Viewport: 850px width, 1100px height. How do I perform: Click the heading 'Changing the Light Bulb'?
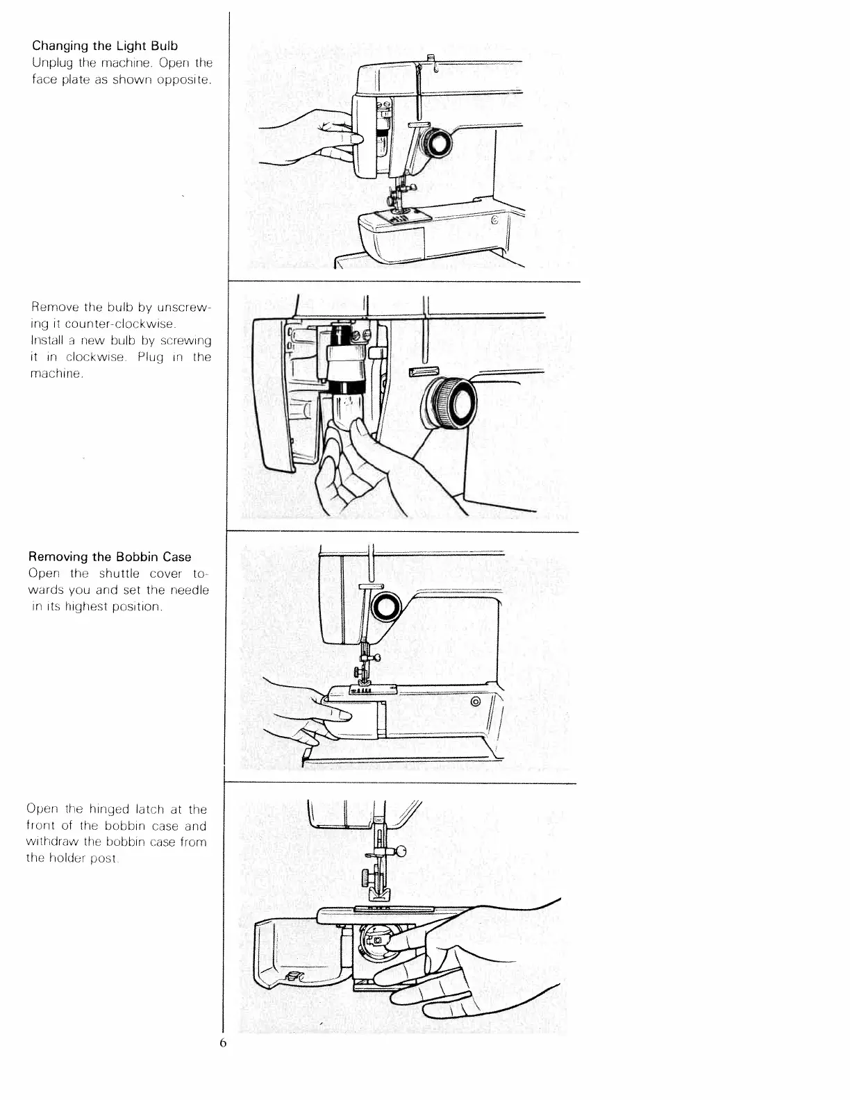coord(105,46)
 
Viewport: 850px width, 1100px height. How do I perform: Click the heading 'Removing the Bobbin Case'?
coord(109,557)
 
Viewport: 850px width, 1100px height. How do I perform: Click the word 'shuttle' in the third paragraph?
coord(119,574)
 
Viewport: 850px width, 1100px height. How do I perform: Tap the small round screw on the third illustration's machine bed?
coord(476,702)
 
